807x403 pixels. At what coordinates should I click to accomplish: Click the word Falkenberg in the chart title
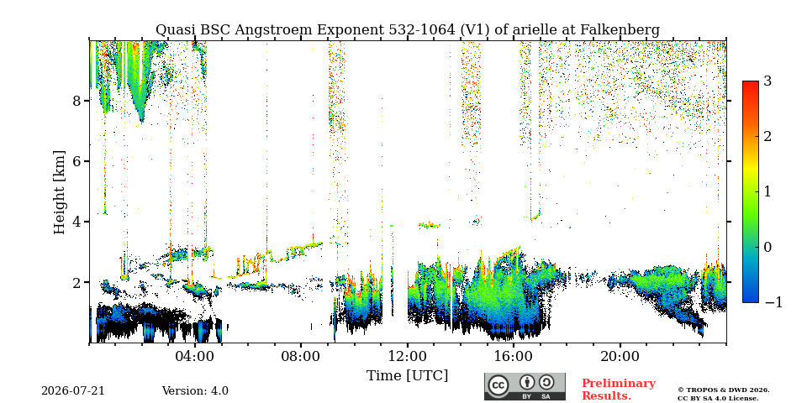click(x=620, y=30)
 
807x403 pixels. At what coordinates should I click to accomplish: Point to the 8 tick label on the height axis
click(x=76, y=100)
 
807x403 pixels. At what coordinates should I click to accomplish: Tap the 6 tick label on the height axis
click(x=76, y=161)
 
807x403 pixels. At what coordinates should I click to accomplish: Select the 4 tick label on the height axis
click(x=76, y=222)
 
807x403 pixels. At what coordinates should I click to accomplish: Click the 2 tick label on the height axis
click(x=76, y=282)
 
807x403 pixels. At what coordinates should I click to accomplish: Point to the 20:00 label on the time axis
click(x=620, y=356)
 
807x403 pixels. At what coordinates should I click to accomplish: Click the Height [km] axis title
click(x=60, y=192)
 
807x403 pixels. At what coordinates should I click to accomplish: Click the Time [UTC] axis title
click(x=407, y=376)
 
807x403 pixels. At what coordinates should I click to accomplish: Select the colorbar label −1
click(x=773, y=302)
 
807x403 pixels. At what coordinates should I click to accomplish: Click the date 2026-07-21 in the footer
click(x=73, y=390)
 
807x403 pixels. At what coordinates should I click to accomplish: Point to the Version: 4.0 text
click(x=195, y=390)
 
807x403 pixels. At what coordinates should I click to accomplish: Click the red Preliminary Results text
click(x=619, y=390)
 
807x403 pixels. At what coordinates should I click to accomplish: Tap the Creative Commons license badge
click(x=525, y=386)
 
